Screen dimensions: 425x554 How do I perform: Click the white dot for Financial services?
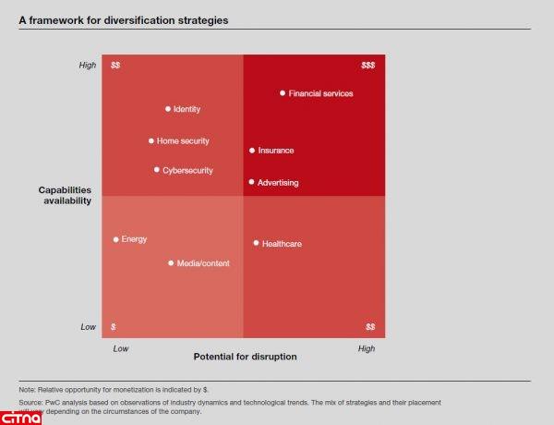tap(283, 93)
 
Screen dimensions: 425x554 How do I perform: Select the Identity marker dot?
tap(168, 109)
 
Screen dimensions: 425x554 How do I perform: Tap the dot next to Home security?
tap(151, 141)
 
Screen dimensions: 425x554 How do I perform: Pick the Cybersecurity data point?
tap(157, 170)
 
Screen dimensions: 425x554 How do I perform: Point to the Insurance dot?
tap(252, 151)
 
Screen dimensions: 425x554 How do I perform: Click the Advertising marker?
tap(252, 183)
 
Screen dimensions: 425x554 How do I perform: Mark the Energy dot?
tap(116, 239)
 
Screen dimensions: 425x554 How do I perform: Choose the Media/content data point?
tap(171, 263)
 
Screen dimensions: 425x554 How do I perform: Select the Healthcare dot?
tap(256, 243)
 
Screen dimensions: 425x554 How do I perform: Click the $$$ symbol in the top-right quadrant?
tap(367, 66)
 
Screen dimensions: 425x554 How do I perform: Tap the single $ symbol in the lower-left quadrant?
tap(113, 327)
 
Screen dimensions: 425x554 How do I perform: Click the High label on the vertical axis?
tap(87, 66)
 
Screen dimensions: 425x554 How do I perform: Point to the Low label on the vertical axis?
tap(88, 327)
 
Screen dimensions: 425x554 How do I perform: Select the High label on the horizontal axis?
tap(367, 348)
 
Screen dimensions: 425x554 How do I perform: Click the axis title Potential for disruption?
tap(245, 357)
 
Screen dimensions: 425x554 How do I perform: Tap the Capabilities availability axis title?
tap(65, 195)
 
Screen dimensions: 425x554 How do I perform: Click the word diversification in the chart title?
tap(135, 19)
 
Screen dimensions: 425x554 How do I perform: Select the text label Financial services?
tap(320, 93)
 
